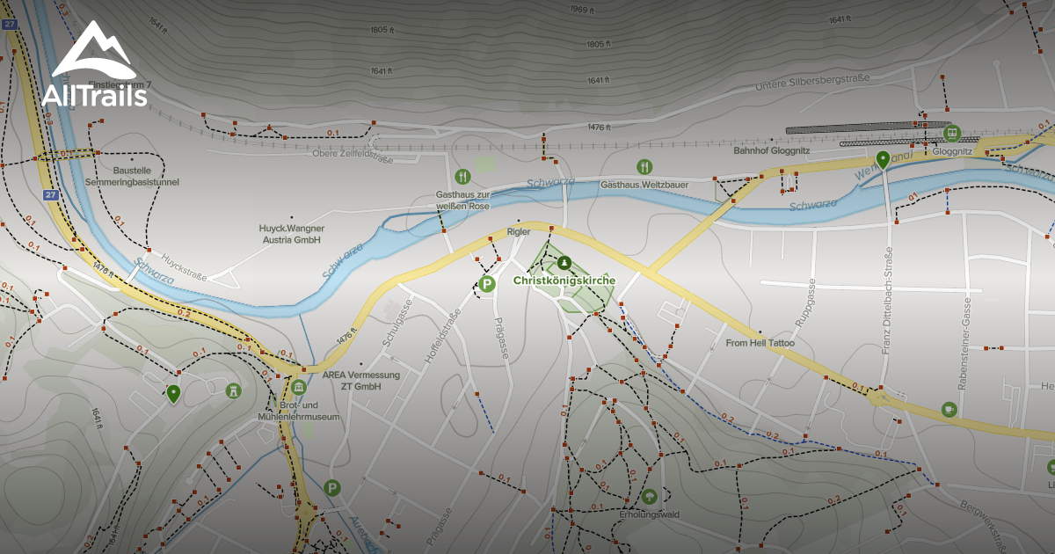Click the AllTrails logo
(x=94, y=66)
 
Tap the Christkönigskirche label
(x=564, y=281)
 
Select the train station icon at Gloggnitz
(x=950, y=133)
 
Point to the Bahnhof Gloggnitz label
(x=771, y=150)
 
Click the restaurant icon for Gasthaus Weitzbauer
(x=644, y=166)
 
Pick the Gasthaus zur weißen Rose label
(x=462, y=200)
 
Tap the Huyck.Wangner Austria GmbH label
(x=290, y=233)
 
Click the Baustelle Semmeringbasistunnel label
(x=132, y=176)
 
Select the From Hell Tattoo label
(x=760, y=343)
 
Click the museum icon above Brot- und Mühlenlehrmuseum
(x=298, y=388)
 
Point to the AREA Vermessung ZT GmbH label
(x=361, y=381)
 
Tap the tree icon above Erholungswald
(x=649, y=496)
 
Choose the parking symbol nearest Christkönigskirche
(x=487, y=283)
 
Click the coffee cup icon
(x=949, y=409)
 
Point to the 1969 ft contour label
(x=584, y=10)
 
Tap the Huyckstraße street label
(x=184, y=267)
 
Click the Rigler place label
(x=518, y=231)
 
